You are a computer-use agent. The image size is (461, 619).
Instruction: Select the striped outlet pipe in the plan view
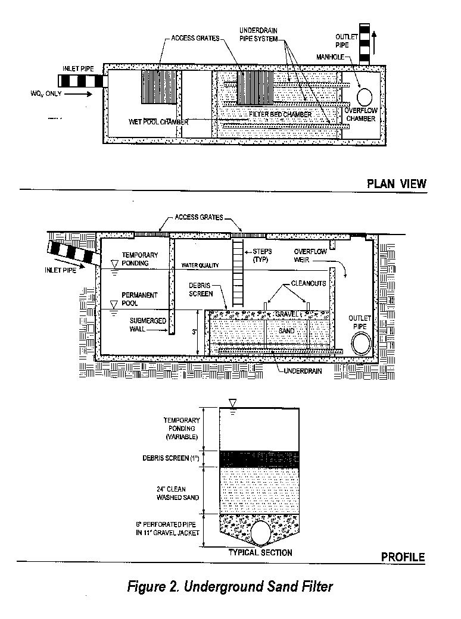365,43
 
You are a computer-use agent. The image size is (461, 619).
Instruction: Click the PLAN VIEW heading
397,183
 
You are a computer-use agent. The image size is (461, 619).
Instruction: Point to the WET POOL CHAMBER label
158,122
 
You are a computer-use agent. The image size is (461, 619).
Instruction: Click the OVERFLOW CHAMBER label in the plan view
361,114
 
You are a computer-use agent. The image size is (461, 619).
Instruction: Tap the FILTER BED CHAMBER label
280,114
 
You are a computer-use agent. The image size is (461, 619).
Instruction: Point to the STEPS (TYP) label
261,255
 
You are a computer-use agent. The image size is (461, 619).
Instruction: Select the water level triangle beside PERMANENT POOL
114,304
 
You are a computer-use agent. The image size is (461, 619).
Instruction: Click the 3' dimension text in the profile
194,332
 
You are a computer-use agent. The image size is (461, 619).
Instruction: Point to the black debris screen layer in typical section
259,459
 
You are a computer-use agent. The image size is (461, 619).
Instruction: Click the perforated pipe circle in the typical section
260,533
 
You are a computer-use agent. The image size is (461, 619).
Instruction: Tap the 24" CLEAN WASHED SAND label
177,493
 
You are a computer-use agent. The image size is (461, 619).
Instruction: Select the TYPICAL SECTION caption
260,553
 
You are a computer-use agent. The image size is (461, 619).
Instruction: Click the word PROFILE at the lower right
403,558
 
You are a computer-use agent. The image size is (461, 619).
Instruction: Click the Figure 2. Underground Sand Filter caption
230,587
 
